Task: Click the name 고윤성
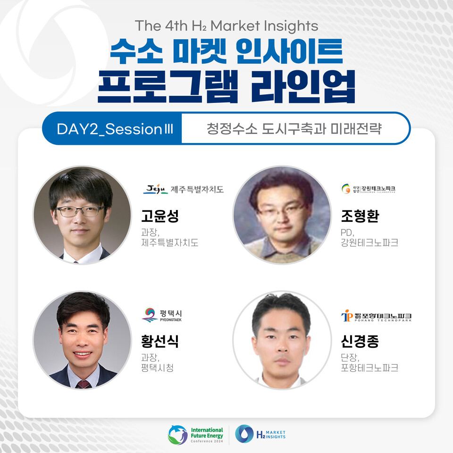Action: [x=160, y=216]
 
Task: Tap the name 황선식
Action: [x=160, y=341]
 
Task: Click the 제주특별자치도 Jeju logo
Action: [x=183, y=190]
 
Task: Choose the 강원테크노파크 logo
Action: [x=369, y=189]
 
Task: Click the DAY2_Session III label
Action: [x=112, y=129]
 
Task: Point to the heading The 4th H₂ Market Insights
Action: [x=226, y=25]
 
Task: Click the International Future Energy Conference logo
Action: [x=196, y=434]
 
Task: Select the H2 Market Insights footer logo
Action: [x=260, y=434]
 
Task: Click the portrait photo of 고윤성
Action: [x=82, y=215]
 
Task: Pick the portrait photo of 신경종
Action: [x=282, y=340]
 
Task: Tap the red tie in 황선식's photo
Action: [x=84, y=384]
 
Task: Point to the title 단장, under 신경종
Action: [x=349, y=357]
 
